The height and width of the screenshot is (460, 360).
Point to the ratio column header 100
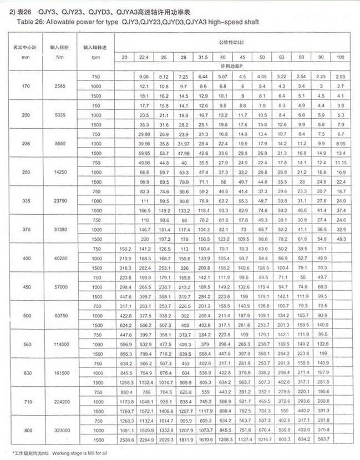click(340, 58)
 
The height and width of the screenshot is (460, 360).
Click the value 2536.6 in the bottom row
click(125, 439)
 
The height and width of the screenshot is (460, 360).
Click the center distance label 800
click(25, 430)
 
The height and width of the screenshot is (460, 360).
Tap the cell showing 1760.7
click(125, 411)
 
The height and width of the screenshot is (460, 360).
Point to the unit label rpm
click(95, 58)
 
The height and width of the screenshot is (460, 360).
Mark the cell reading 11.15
click(340, 162)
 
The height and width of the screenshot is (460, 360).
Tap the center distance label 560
click(25, 343)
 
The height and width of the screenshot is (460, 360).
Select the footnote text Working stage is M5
click(72, 453)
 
